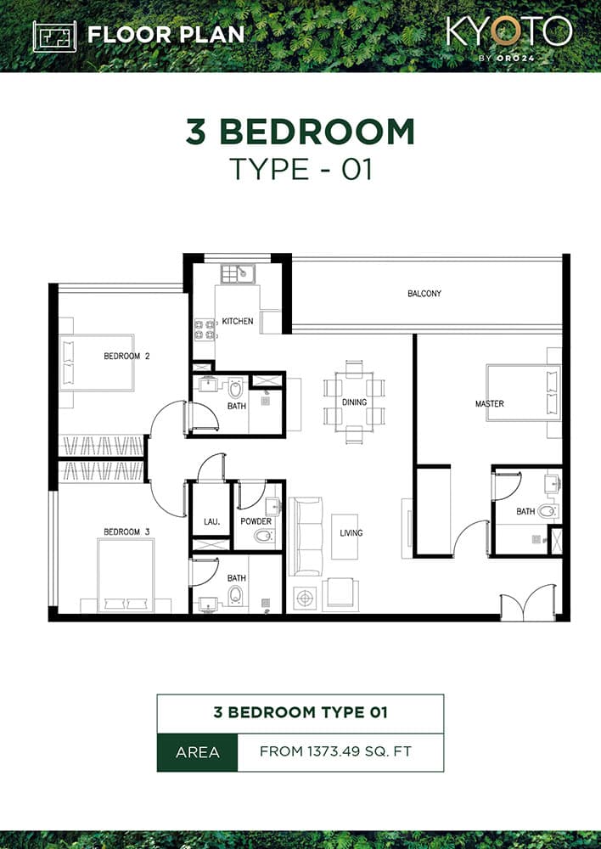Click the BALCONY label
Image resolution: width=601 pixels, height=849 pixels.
click(x=424, y=294)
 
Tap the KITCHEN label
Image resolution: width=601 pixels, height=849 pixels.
click(x=238, y=322)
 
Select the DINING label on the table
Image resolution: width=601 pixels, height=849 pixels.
click(x=354, y=402)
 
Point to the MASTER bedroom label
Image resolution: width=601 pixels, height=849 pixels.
click(x=489, y=404)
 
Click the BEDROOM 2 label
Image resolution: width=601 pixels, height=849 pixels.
click(x=126, y=356)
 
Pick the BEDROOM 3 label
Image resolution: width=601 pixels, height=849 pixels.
click(x=126, y=532)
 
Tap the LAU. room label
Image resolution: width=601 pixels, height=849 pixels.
click(x=211, y=521)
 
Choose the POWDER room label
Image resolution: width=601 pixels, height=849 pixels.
click(x=256, y=521)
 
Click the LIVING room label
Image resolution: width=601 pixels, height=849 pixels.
click(x=351, y=533)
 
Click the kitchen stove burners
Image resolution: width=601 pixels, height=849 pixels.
click(x=204, y=329)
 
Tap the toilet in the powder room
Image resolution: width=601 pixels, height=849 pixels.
click(x=263, y=536)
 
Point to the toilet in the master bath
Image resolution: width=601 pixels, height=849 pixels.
click(x=548, y=511)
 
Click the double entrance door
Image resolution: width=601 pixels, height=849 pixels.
click(x=528, y=603)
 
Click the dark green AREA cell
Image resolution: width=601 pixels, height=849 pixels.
click(x=197, y=752)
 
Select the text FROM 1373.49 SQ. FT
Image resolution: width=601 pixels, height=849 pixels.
click(x=340, y=752)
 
